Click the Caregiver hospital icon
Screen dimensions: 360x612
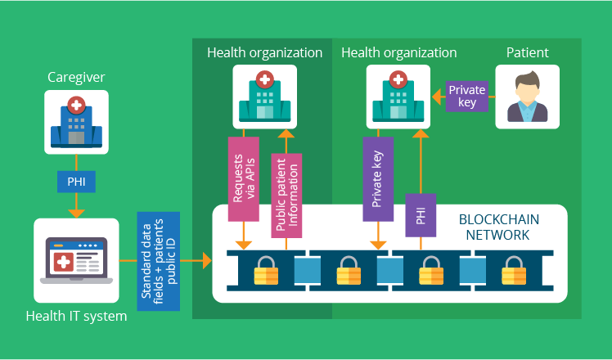point(76,122)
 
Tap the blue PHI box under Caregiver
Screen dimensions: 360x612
point(76,181)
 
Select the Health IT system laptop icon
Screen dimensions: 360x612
point(76,261)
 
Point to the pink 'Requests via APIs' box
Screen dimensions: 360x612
point(243,178)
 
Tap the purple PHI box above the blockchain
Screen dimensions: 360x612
point(421,215)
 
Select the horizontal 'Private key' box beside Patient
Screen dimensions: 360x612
point(468,97)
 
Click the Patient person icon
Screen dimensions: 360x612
point(527,97)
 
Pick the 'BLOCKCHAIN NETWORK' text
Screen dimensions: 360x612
point(499,227)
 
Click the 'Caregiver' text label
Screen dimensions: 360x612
point(76,79)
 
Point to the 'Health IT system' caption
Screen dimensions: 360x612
point(76,315)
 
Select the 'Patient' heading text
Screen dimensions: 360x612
point(527,53)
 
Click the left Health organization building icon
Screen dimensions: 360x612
point(264,97)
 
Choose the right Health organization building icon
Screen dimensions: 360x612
point(398,97)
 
